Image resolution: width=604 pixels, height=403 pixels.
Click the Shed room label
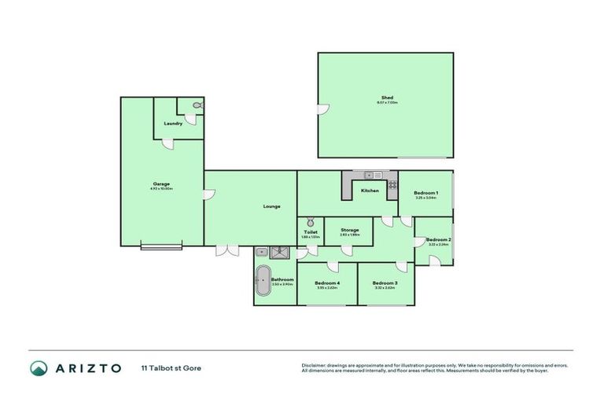click(386, 98)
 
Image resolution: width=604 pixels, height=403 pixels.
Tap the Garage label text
click(162, 184)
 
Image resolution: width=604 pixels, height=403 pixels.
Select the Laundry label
click(173, 124)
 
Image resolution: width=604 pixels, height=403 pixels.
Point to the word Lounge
click(272, 206)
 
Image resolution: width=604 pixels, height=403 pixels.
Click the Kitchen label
click(370, 190)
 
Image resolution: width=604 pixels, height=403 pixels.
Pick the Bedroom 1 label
click(425, 193)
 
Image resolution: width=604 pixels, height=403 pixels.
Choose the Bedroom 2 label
click(438, 239)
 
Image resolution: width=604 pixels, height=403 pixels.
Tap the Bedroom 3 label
click(385, 283)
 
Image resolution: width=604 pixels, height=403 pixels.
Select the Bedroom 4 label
click(326, 283)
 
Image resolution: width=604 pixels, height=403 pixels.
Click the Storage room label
click(349, 230)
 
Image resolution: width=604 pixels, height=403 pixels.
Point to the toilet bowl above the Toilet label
click(311, 223)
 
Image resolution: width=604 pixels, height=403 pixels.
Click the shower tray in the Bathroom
click(280, 252)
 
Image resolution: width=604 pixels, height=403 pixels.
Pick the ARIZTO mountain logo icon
click(39, 368)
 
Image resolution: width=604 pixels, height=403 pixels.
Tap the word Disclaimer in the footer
click(315, 365)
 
